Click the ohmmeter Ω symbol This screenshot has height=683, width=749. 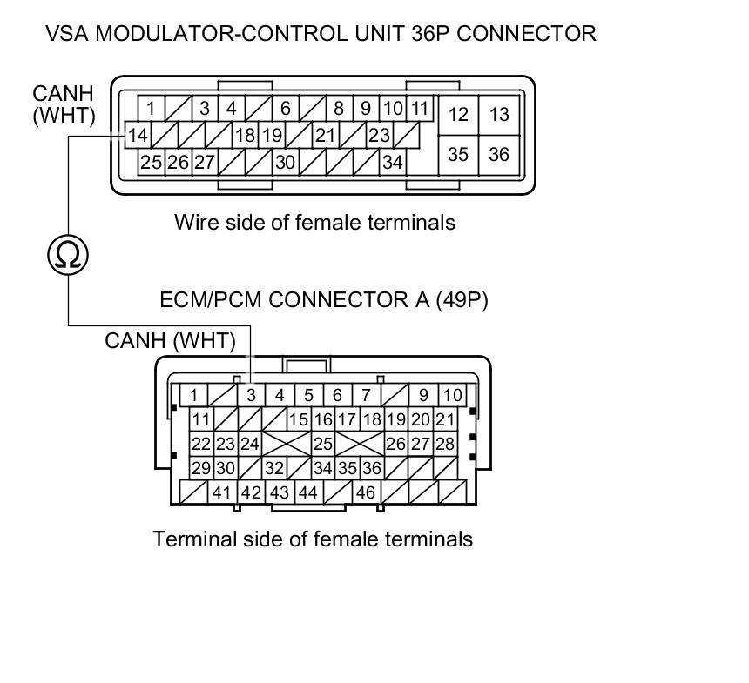[x=68, y=254]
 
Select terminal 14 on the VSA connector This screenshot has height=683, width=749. [x=138, y=136]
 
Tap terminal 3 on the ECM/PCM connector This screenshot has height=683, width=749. [x=251, y=395]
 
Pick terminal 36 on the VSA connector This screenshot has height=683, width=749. [x=498, y=154]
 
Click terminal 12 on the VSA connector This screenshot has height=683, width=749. [x=458, y=114]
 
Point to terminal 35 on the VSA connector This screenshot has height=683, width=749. [x=458, y=154]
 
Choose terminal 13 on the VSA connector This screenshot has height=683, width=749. [x=498, y=114]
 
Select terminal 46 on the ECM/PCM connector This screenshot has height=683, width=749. [x=365, y=492]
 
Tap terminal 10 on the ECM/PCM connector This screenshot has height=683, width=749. [x=452, y=395]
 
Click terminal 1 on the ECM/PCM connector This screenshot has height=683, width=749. [x=193, y=395]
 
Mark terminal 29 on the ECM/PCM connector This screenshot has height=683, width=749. [x=201, y=468]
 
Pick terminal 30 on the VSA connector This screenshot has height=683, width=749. [x=285, y=162]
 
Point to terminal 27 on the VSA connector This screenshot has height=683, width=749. [x=205, y=162]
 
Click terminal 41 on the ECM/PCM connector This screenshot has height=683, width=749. [x=222, y=492]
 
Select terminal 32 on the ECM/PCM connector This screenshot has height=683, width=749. [x=274, y=468]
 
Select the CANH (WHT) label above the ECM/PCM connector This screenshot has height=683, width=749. [x=170, y=340]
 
